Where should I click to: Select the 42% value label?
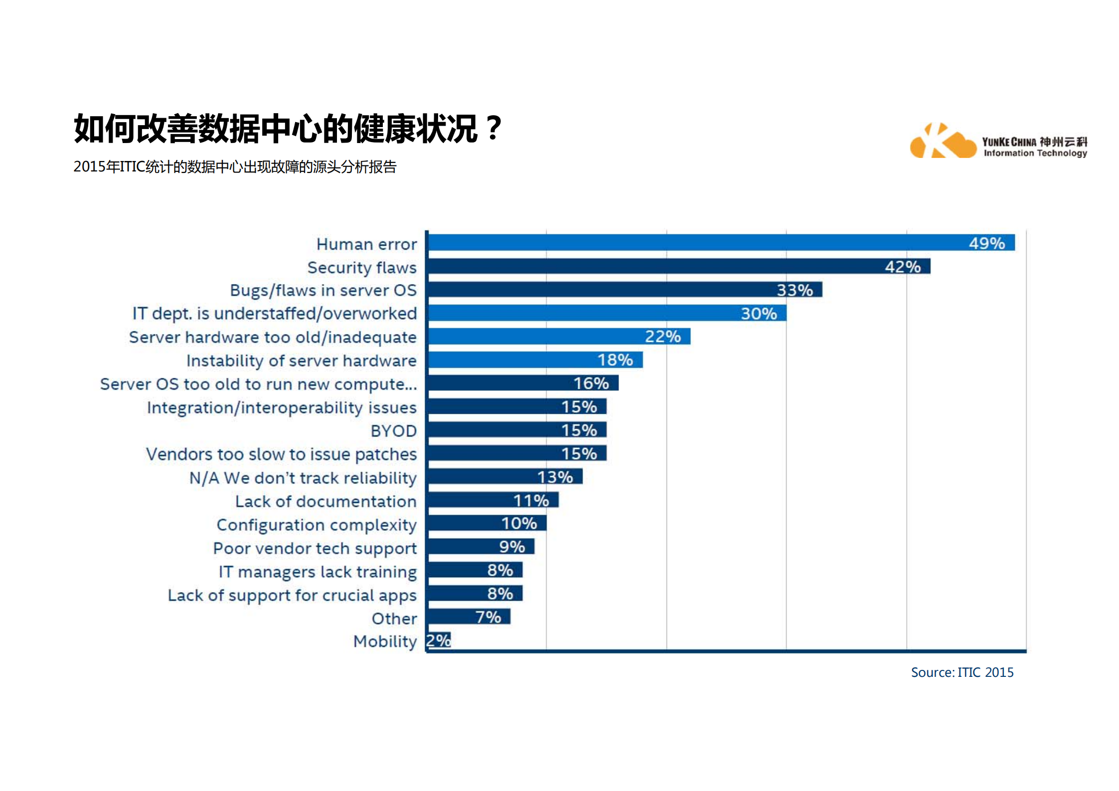tap(902, 267)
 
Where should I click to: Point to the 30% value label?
tap(759, 314)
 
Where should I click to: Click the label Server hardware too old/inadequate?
tap(273, 337)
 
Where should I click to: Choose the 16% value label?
tap(591, 383)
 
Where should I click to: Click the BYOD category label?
tap(393, 431)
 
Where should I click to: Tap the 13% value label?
tap(555, 477)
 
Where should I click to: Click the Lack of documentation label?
tap(325, 501)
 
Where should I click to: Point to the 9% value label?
tap(512, 547)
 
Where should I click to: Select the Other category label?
tap(394, 619)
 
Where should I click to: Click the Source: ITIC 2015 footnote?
tap(961, 672)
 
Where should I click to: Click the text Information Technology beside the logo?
tap(1035, 154)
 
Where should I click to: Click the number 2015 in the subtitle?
tap(90, 167)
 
